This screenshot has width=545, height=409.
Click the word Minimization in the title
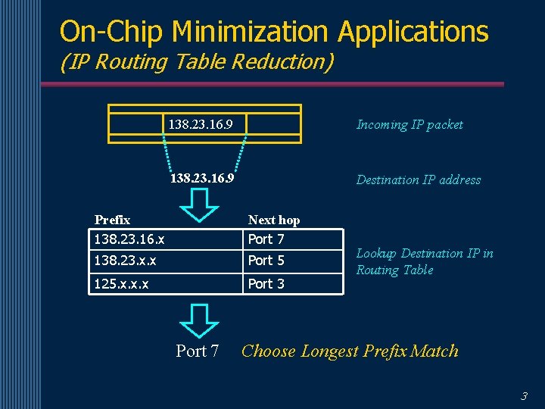(x=251, y=32)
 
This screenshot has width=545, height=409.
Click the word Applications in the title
(x=413, y=32)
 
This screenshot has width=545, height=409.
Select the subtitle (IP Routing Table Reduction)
(x=197, y=62)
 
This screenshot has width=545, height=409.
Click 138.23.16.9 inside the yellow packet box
(x=201, y=123)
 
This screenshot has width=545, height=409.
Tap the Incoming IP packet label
(x=410, y=125)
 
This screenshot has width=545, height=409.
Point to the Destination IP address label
(x=419, y=180)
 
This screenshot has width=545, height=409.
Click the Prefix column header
(x=112, y=220)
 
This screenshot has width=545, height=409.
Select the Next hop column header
(x=274, y=220)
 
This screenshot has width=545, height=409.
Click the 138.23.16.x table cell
(x=129, y=239)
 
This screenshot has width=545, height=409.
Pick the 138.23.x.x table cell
(x=125, y=261)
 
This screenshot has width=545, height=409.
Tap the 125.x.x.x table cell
(x=121, y=284)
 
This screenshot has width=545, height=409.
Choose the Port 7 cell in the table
(x=266, y=239)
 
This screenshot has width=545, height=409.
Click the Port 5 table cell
(x=266, y=261)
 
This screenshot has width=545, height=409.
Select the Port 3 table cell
(x=266, y=284)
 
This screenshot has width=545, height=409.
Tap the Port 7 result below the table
(x=198, y=351)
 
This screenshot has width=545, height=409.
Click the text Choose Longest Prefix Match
(x=350, y=351)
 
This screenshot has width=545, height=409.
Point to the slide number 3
(x=524, y=395)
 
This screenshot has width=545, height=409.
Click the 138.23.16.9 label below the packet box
(x=202, y=180)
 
